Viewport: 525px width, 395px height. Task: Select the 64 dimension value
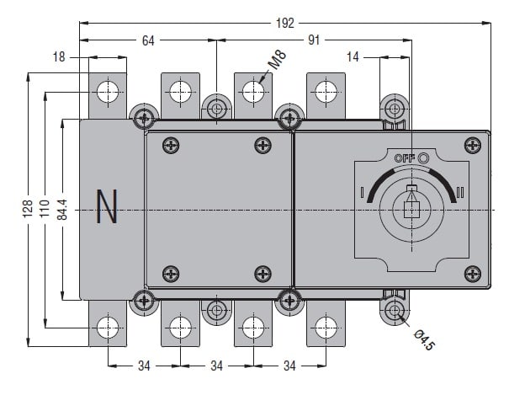tap(149, 39)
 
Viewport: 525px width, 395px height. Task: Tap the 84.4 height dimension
tap(63, 208)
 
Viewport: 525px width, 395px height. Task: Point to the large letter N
tap(107, 208)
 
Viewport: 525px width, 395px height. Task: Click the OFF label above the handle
tap(405, 157)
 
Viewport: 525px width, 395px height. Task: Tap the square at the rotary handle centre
tap(411, 209)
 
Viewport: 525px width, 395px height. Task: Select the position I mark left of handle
tap(362, 191)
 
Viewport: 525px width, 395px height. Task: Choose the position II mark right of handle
tap(460, 190)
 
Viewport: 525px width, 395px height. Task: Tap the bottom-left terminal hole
tap(108, 327)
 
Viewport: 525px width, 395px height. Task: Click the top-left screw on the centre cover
tap(172, 145)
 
